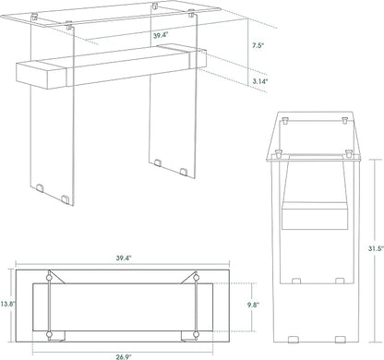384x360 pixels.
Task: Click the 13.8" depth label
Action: pyautogui.click(x=8, y=303)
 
